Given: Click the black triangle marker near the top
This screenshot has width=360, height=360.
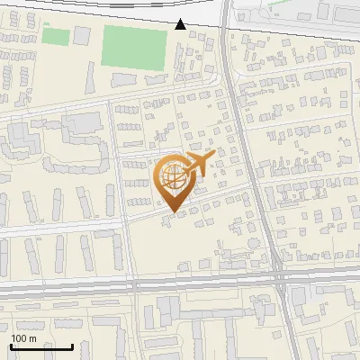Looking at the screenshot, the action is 181,23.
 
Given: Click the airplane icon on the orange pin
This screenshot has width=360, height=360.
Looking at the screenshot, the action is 197,165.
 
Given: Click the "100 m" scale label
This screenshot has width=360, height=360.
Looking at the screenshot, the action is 23,338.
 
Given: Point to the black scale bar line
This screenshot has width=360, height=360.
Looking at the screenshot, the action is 41,346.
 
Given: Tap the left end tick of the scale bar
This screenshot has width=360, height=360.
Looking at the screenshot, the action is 11,345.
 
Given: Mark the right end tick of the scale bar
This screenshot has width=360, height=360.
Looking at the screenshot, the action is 72,345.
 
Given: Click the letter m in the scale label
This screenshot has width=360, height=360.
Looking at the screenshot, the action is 32,338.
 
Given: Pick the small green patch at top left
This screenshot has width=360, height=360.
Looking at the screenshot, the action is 56,37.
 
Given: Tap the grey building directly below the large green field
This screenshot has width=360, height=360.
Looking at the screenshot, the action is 123,80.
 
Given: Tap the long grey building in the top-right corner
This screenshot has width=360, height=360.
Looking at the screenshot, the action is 346,13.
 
